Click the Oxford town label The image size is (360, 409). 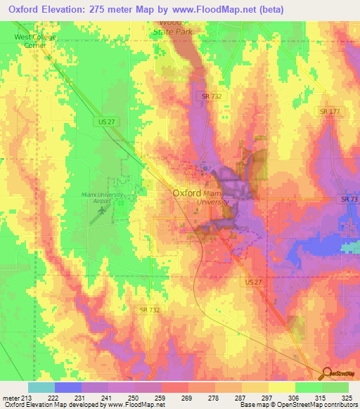(x=186, y=193)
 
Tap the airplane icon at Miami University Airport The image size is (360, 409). (x=103, y=209)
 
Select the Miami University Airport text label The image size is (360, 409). (x=102, y=197)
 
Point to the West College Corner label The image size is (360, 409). (x=34, y=41)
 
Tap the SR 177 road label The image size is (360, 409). (x=328, y=112)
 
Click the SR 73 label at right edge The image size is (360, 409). (x=349, y=200)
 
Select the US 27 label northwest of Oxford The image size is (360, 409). (x=103, y=122)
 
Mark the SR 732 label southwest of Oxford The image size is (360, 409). (x=149, y=309)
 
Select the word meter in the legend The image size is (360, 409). (x=10, y=398)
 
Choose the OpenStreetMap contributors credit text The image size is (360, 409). (x=321, y=405)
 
